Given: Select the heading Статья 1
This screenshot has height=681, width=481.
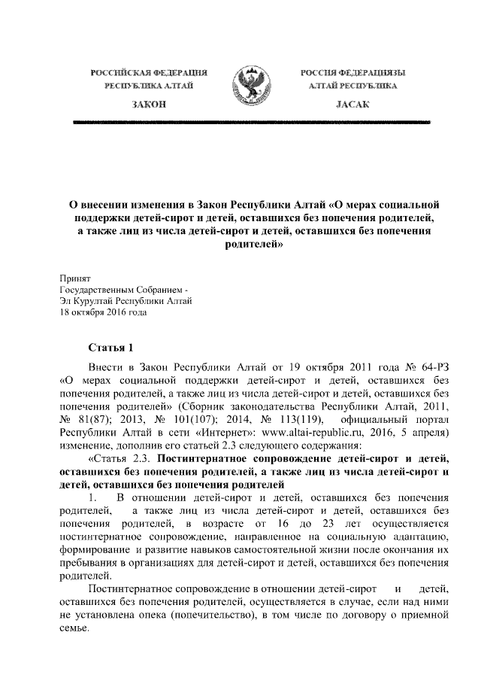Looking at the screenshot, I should point(111,348).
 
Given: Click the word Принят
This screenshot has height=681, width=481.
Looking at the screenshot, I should point(75,278).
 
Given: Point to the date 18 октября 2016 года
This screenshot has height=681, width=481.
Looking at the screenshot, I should point(104,314).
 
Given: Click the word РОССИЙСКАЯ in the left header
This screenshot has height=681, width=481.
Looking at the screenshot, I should point(119,73).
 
